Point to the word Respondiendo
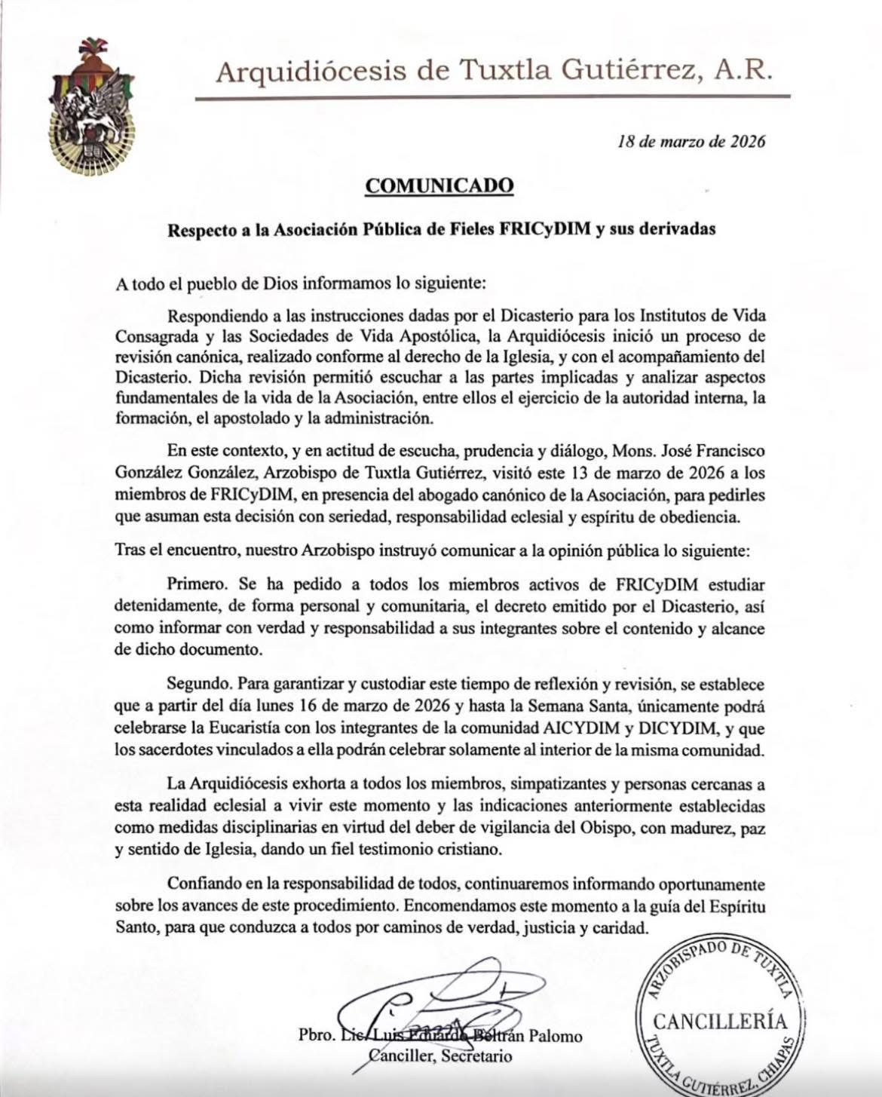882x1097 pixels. [217, 314]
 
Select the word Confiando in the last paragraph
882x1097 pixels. [205, 883]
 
